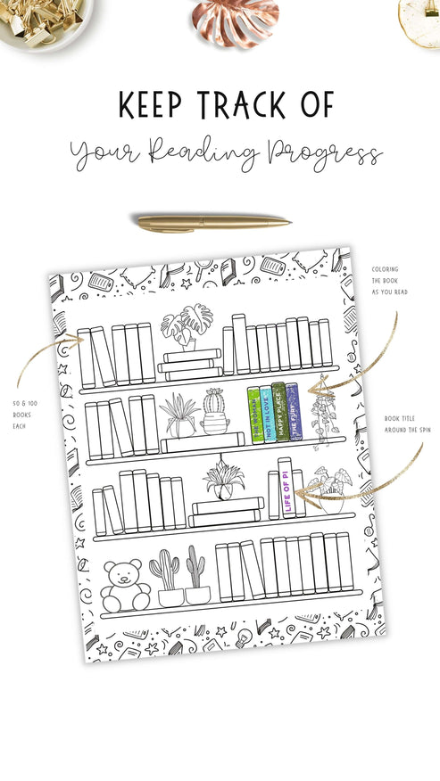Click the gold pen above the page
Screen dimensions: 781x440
point(212,221)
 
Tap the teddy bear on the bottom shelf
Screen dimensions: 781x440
point(125,585)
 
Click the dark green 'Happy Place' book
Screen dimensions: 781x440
point(278,413)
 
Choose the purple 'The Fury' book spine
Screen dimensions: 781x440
point(292,412)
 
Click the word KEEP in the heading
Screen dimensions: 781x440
point(151,104)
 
